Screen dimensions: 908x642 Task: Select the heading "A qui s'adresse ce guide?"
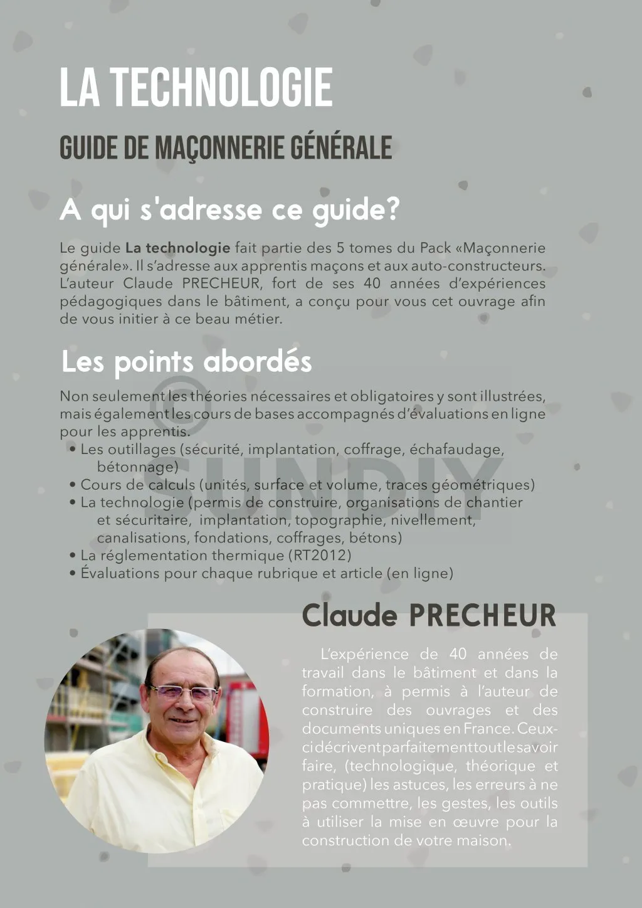[229, 209]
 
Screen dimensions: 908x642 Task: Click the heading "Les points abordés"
[186, 362]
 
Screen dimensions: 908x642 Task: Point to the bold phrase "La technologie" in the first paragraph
[178, 248]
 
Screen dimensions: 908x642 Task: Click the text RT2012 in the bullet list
[319, 556]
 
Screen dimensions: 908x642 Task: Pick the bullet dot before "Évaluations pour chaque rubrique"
[73, 573]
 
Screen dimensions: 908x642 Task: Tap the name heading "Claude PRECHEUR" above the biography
[429, 615]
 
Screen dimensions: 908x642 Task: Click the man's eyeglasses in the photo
[182, 692]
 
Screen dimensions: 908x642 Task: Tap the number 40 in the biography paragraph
[458, 654]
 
